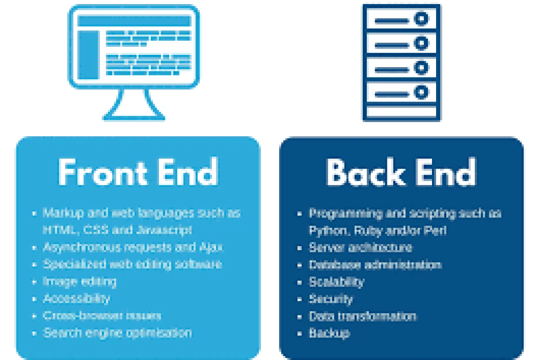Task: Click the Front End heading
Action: [x=138, y=172]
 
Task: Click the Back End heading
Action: [x=401, y=172]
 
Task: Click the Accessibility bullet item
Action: [x=76, y=298]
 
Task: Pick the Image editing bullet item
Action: [x=79, y=282]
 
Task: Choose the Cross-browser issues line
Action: [x=102, y=315]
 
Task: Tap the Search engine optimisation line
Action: [x=117, y=333]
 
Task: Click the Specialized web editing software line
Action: [x=132, y=264]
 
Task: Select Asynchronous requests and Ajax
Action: [x=133, y=247]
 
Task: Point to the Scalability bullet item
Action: [x=336, y=282]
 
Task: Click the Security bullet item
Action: [x=331, y=299]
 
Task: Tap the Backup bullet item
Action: [x=329, y=333]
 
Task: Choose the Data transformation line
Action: [x=362, y=316]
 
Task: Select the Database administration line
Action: [x=375, y=265]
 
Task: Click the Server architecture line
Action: [x=360, y=247]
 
